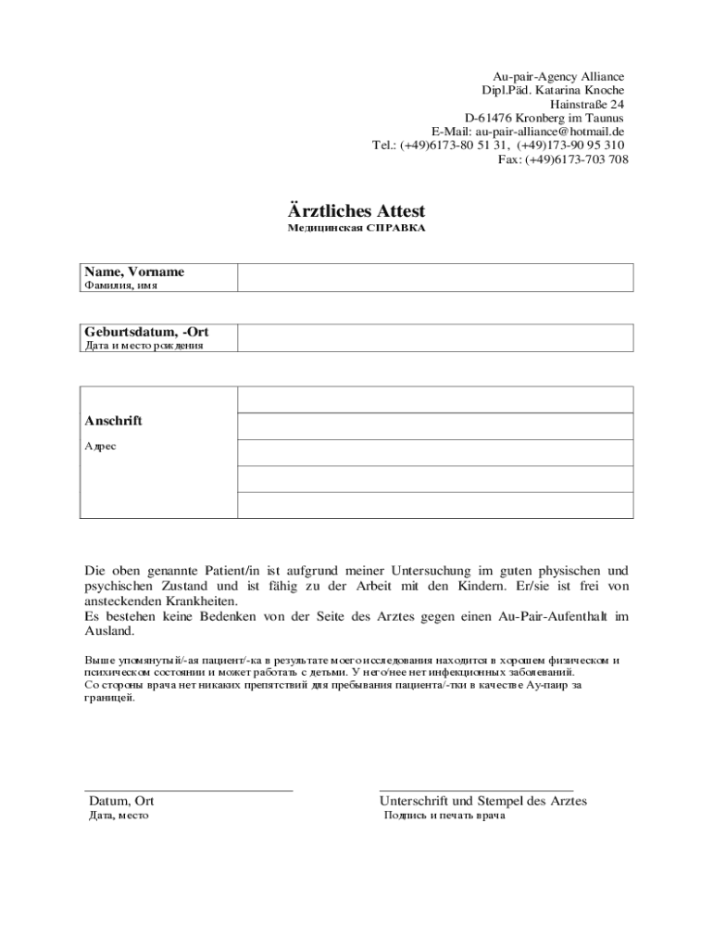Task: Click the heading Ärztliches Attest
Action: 356,211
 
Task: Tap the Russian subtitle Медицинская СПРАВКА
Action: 356,228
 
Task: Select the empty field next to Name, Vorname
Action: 435,277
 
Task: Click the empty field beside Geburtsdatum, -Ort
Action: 435,337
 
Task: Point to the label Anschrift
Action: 113,421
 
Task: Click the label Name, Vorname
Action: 134,272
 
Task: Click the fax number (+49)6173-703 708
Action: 577,159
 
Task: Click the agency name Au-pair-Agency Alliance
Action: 557,77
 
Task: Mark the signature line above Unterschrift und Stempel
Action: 476,790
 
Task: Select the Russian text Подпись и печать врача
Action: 444,816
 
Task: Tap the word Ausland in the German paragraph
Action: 109,631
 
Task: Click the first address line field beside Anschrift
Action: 435,399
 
